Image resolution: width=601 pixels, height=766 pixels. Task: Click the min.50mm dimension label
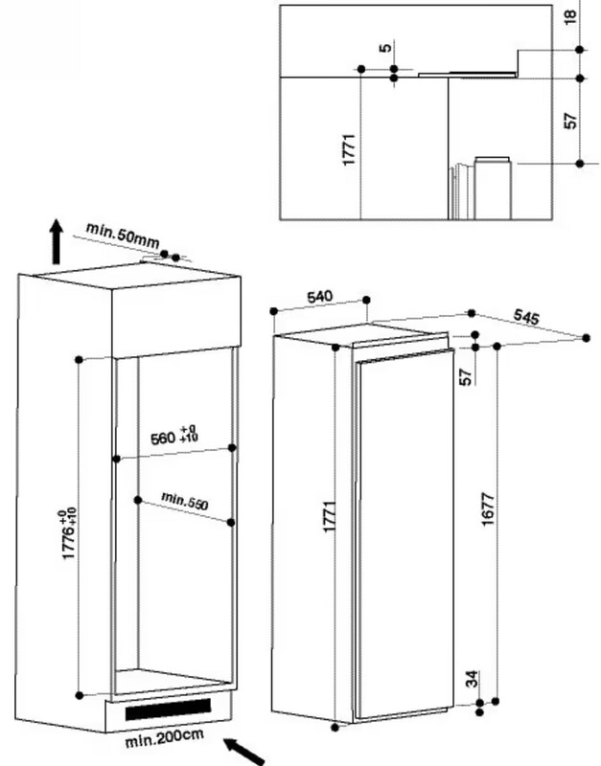[x=123, y=235]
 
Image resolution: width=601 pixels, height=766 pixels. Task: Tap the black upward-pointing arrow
[x=58, y=242]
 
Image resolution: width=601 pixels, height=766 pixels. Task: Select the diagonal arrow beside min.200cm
[x=244, y=751]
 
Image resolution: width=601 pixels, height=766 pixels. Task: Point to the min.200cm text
[x=164, y=738]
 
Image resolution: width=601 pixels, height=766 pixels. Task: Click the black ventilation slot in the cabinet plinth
[x=168, y=710]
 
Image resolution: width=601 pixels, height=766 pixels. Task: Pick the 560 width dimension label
[x=174, y=436]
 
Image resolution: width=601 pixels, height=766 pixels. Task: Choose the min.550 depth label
[x=185, y=501]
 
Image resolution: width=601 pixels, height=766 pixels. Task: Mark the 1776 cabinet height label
[x=69, y=534]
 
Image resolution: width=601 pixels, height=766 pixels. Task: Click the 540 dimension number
[x=319, y=297]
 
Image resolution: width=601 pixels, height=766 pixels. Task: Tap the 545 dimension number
[x=526, y=317]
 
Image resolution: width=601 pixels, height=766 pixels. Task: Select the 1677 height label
[x=488, y=509]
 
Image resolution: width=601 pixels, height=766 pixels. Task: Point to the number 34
[x=472, y=679]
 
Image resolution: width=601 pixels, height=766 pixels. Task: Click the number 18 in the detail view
[x=570, y=16]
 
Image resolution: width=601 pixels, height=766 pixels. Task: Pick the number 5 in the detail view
[x=385, y=47]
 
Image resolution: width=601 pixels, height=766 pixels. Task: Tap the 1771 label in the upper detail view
[x=349, y=149]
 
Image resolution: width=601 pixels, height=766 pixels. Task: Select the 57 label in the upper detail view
[x=570, y=121]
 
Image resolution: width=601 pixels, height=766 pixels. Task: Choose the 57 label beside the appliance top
[x=466, y=376]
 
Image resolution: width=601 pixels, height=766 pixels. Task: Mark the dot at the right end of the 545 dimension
[x=587, y=338]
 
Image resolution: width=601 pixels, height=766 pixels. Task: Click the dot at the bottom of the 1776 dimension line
[x=80, y=695]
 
